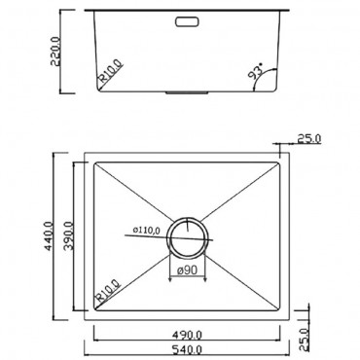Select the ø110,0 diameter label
(149, 231)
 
